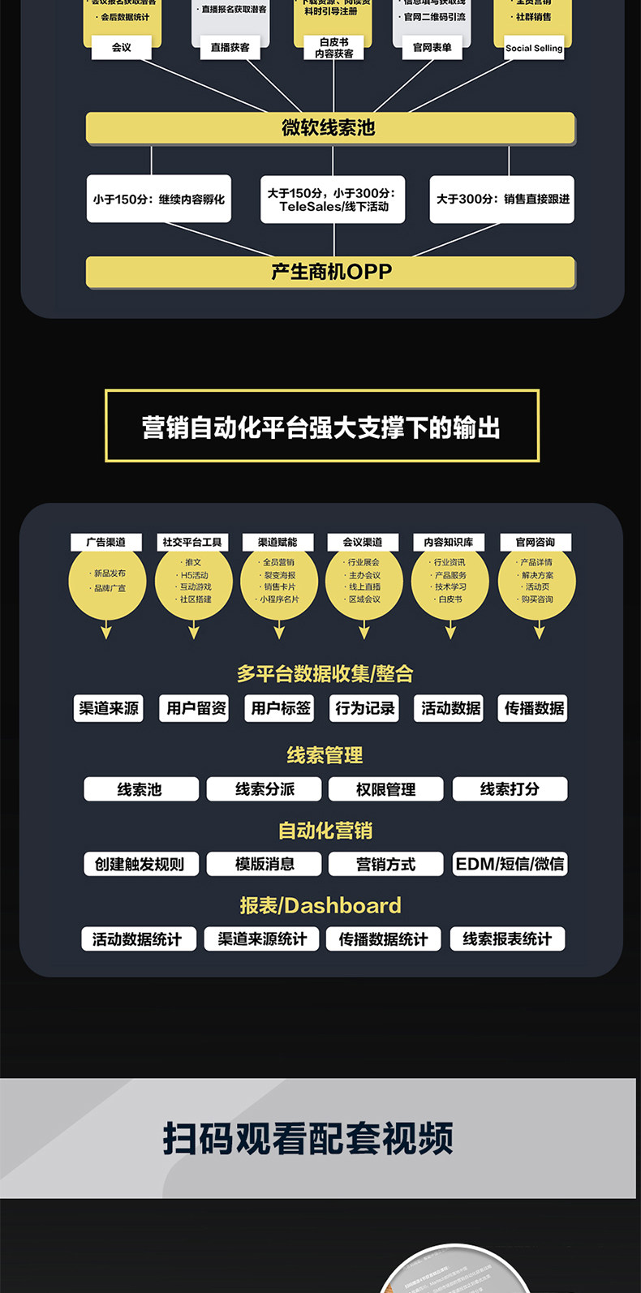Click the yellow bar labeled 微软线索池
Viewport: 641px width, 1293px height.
329,128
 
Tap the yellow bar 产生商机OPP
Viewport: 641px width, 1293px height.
330,272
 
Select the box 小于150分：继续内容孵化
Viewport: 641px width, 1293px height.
159,199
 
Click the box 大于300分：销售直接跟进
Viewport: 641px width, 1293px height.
502,199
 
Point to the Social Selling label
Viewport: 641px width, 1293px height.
533,48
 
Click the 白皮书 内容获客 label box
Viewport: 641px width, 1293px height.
334,48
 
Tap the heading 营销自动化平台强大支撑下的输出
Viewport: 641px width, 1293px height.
321,427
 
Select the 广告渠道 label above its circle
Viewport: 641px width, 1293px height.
106,542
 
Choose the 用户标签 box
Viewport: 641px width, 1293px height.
281,708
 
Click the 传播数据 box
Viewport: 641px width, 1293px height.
534,708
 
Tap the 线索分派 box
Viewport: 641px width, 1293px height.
265,789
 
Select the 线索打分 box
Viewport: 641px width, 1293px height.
510,789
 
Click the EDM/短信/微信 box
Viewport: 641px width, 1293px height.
510,864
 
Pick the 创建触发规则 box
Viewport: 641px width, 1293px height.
140,864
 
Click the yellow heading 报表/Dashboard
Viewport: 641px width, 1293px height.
320,905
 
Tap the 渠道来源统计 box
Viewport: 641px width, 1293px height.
262,939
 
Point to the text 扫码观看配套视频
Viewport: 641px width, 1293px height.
308,1139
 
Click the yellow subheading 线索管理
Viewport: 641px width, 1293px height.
325,755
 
